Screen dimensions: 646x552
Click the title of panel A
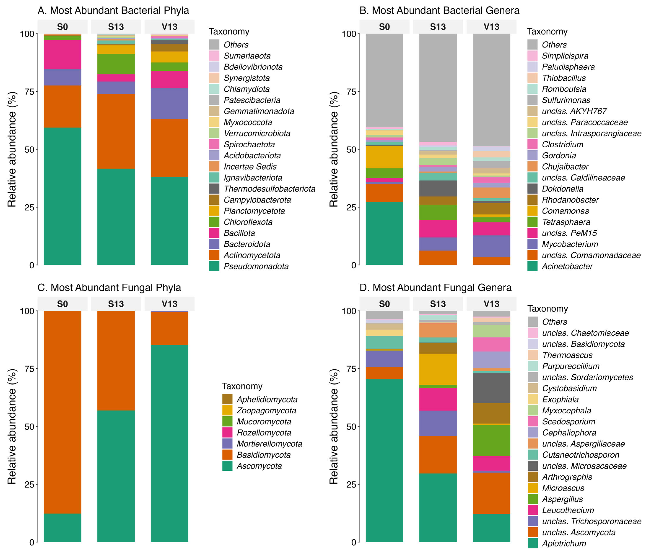[113, 11]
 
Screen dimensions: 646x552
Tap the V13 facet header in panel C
[169, 304]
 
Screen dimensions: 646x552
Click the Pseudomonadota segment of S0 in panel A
[62, 196]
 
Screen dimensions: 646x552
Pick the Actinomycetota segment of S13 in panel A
[116, 131]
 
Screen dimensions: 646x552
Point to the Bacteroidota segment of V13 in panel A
[169, 104]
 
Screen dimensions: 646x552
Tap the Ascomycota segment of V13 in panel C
[169, 443]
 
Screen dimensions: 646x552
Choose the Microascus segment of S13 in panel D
[438, 369]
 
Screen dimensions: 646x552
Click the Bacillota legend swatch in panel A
[214, 233]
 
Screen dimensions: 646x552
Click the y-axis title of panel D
[334, 426]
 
